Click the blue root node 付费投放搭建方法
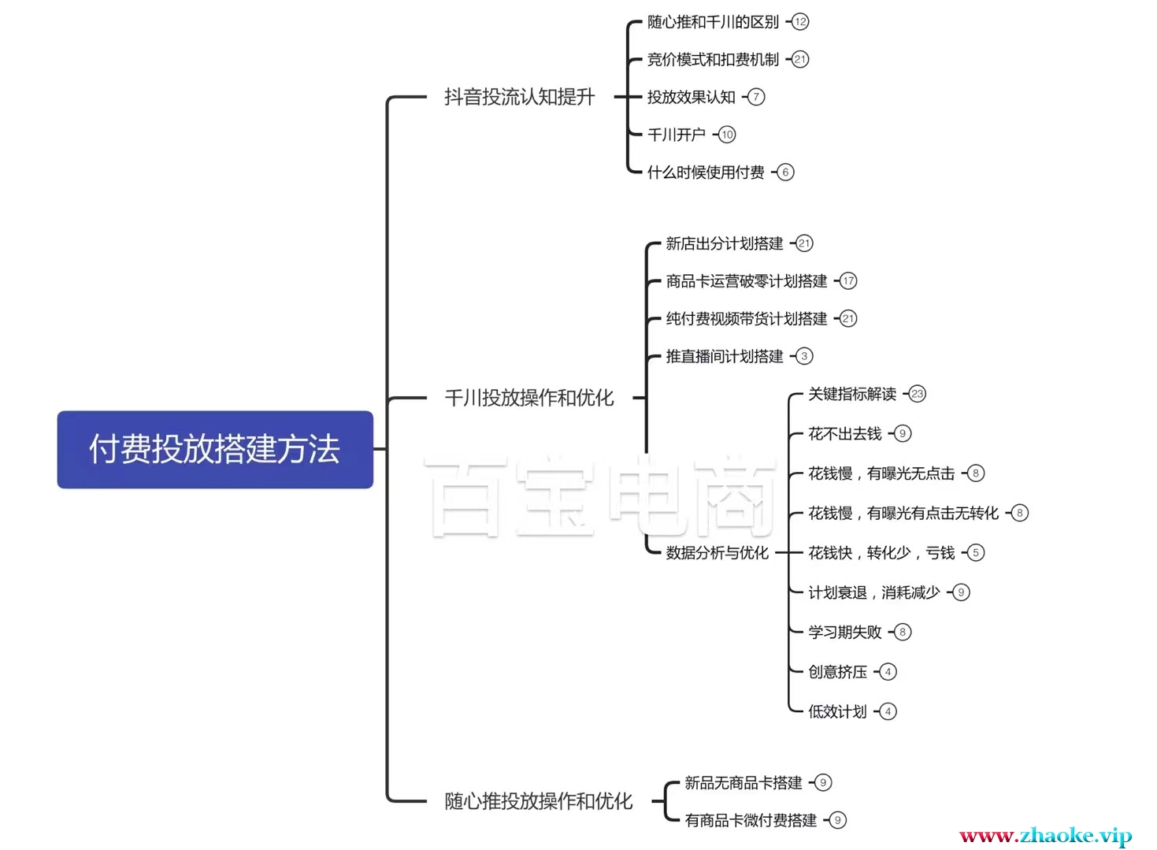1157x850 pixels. click(x=215, y=449)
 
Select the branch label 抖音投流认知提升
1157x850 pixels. click(x=519, y=97)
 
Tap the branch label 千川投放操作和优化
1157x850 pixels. click(x=529, y=398)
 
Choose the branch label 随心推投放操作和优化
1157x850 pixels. click(x=538, y=801)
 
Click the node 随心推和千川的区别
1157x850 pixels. click(x=713, y=22)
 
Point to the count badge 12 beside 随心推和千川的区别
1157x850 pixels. click(x=800, y=22)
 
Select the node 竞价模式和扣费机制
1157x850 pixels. click(x=713, y=59)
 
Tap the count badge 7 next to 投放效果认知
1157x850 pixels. click(x=756, y=97)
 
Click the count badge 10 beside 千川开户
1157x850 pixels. click(x=727, y=135)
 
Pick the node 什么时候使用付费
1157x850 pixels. click(x=706, y=172)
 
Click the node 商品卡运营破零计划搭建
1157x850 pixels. click(x=747, y=281)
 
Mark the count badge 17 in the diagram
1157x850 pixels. click(x=848, y=281)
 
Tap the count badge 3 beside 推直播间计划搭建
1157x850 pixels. click(x=804, y=356)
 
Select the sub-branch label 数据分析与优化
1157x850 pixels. click(x=717, y=552)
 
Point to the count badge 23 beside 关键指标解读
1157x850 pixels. click(x=918, y=394)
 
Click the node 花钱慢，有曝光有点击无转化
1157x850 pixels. click(x=903, y=513)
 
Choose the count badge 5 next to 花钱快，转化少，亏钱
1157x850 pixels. click(x=976, y=552)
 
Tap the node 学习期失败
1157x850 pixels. click(x=844, y=632)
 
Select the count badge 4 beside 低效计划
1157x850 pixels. click(x=888, y=711)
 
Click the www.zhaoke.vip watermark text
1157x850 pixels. click(x=1045, y=835)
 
